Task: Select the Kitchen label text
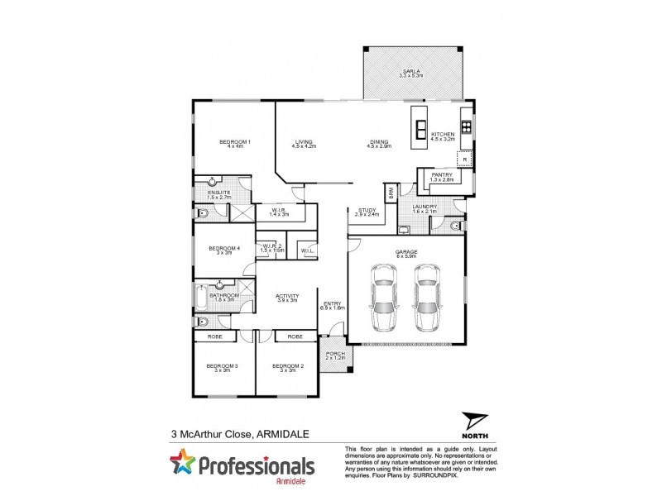pos(443,136)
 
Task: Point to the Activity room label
pos(286,297)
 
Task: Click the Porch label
pos(336,355)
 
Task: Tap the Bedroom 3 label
pos(223,367)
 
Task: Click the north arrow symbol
pos(473,422)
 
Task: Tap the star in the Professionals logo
pos(182,463)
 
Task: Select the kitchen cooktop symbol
pos(466,127)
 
